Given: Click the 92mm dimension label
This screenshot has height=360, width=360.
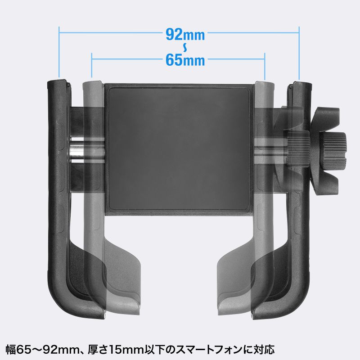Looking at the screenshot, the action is click(185, 35).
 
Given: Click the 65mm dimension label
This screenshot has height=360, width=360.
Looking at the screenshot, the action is click(185, 60).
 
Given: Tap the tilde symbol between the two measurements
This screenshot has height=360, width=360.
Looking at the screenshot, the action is click(185, 48).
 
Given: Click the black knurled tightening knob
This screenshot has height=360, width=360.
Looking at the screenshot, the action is click(333, 150).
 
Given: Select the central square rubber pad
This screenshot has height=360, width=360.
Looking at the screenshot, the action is click(179, 149).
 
